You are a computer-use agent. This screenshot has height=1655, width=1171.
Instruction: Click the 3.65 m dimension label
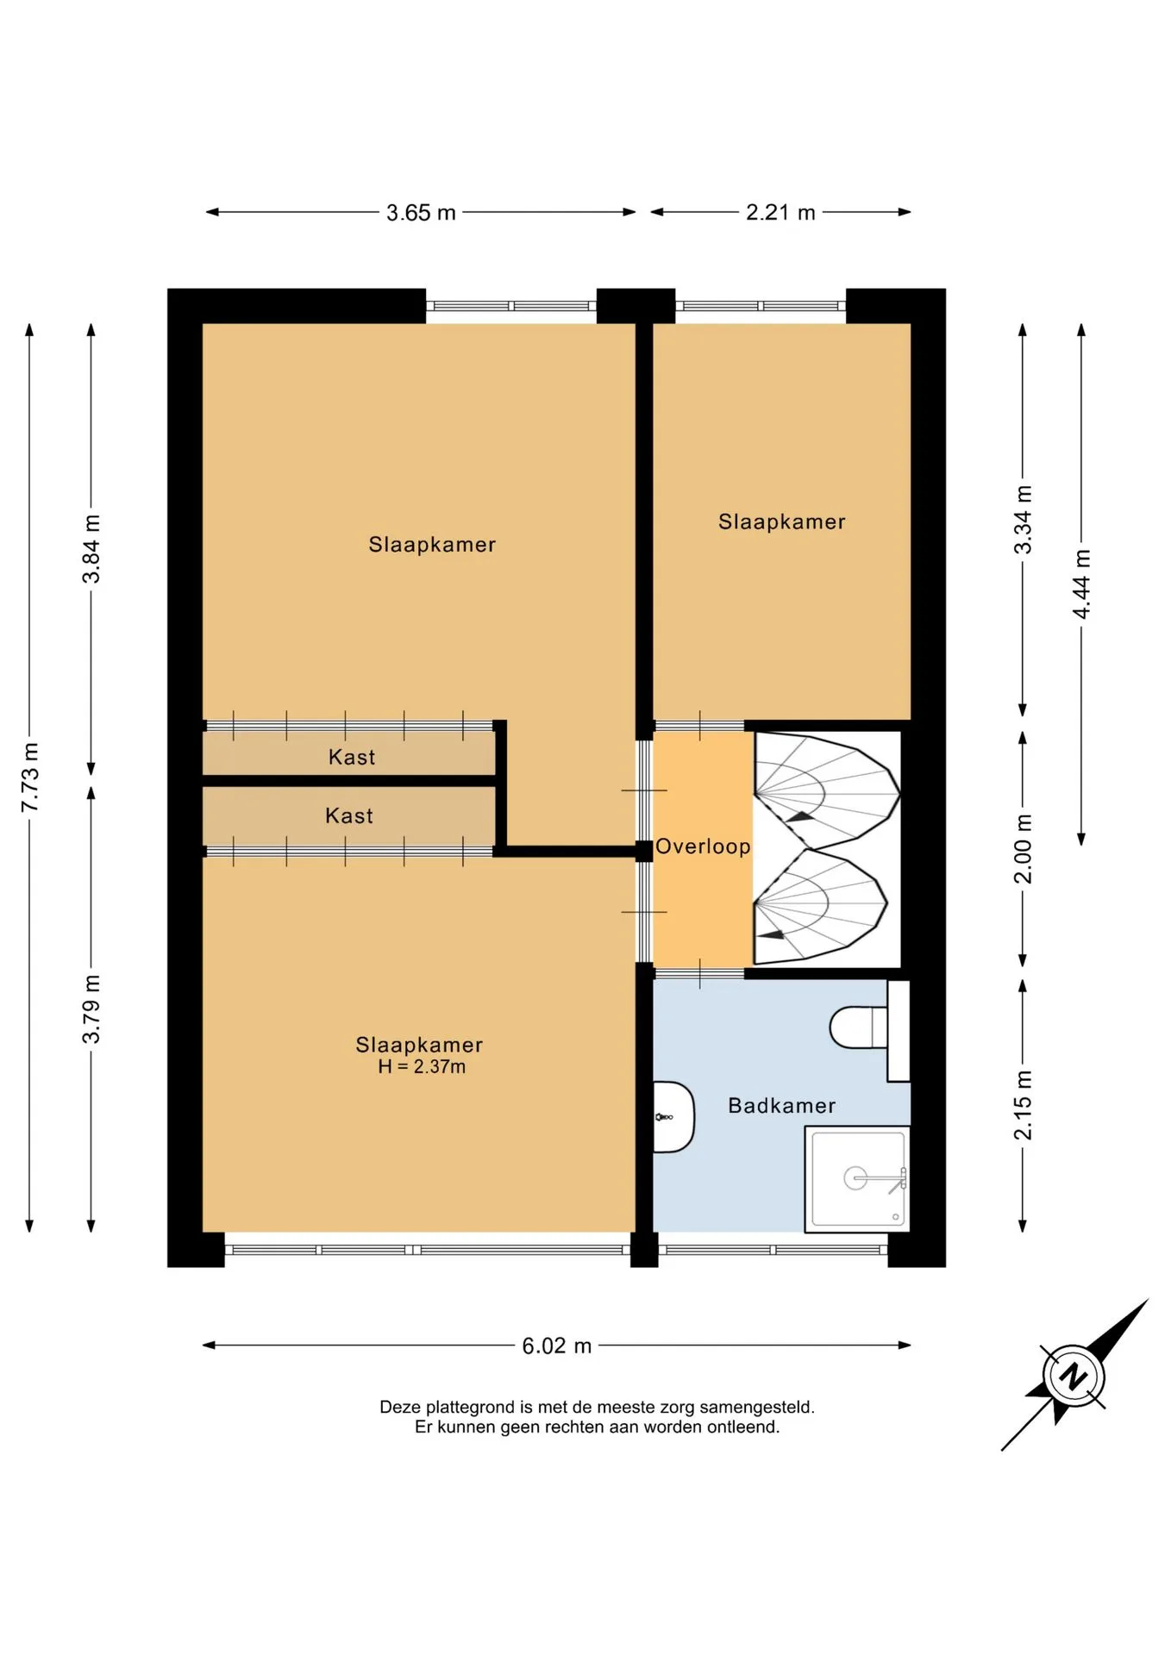point(421,213)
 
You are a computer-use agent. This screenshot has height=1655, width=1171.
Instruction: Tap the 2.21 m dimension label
point(780,213)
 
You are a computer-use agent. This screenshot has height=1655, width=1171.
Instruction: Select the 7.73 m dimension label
point(30,777)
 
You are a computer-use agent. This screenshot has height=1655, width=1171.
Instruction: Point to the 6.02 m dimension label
point(557,1346)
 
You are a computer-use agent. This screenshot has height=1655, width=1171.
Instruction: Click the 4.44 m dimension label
point(1081,584)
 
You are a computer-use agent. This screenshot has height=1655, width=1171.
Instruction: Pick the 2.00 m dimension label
point(1023,849)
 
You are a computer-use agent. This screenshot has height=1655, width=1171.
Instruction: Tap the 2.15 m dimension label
point(1023,1105)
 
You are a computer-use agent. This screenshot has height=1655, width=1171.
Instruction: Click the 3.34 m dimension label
point(1023,520)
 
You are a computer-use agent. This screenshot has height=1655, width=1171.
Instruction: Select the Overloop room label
point(703,846)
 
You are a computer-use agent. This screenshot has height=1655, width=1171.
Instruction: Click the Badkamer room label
point(782,1106)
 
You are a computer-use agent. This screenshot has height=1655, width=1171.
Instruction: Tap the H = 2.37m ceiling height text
point(422,1067)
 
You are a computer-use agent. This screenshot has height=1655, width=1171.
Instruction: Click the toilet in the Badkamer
point(859,1027)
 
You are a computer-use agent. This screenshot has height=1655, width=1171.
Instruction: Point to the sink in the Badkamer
point(673,1117)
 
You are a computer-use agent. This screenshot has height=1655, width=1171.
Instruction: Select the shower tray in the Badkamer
point(857,1178)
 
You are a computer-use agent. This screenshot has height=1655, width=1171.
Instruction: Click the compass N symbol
point(1074,1376)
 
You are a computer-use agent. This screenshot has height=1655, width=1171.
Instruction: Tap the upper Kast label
point(352,758)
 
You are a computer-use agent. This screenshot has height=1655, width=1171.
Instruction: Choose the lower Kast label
point(349,816)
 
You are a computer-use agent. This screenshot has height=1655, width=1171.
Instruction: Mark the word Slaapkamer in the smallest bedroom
point(782,522)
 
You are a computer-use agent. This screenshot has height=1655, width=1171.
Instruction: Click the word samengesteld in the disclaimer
point(757,1408)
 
